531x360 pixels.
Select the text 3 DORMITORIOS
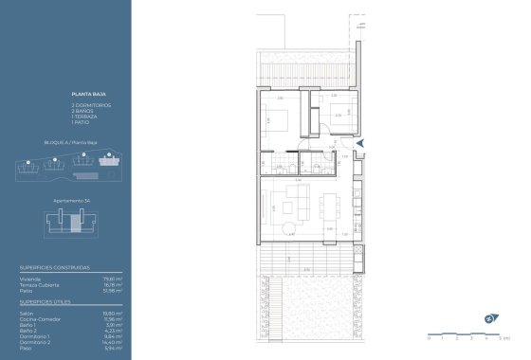click(89, 102)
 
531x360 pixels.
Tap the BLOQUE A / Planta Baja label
click(65, 142)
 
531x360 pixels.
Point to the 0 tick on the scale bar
click(429, 337)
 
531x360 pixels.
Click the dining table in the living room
click(331, 205)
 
